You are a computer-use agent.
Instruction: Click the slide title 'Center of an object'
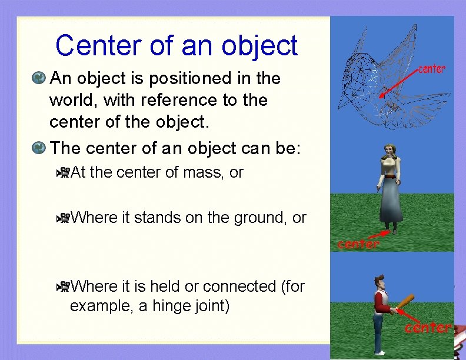pyautogui.click(x=177, y=45)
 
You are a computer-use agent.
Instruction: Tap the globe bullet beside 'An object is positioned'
pyautogui.click(x=39, y=78)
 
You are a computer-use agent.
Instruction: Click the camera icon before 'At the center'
pyautogui.click(x=63, y=173)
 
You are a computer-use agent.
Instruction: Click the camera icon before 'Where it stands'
pyautogui.click(x=63, y=218)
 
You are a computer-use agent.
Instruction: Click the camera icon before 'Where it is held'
pyautogui.click(x=63, y=286)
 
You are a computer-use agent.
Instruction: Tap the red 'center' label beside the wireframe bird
pyautogui.click(x=431, y=69)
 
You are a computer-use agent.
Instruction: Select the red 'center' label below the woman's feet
pyautogui.click(x=358, y=244)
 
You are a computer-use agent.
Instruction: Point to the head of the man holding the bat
pyautogui.click(x=380, y=280)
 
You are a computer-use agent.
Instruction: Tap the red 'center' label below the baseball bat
pyautogui.click(x=427, y=327)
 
